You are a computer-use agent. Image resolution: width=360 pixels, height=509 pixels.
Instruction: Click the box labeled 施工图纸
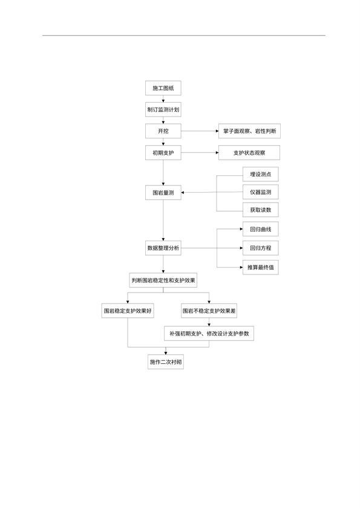(x=163, y=88)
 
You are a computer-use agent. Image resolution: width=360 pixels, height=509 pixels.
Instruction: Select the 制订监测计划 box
(x=163, y=109)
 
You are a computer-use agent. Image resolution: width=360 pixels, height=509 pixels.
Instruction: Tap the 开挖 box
(x=163, y=131)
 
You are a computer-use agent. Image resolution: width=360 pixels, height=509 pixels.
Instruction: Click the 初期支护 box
(x=163, y=152)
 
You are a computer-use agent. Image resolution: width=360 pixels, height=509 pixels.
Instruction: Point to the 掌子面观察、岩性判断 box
(x=249, y=131)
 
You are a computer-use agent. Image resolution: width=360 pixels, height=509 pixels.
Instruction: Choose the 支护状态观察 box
(x=249, y=152)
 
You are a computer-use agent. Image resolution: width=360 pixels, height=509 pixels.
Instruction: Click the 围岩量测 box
(x=163, y=192)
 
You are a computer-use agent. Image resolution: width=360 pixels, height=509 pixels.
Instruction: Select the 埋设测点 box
(x=261, y=174)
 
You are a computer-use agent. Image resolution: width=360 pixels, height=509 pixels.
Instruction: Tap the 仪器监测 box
(x=261, y=192)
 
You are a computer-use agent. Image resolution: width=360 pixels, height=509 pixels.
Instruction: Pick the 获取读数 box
(x=261, y=210)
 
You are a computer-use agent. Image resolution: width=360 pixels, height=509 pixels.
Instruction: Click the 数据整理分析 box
(x=163, y=248)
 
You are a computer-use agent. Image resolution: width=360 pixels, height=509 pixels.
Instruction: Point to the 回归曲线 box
(x=261, y=229)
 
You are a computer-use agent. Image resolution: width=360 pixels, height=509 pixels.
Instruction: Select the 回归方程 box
(x=261, y=248)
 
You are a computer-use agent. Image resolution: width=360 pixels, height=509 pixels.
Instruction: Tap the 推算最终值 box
(x=261, y=267)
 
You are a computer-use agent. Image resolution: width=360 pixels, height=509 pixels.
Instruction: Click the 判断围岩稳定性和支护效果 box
(x=163, y=280)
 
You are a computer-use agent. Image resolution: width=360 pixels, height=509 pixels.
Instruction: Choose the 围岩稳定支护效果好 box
(x=128, y=311)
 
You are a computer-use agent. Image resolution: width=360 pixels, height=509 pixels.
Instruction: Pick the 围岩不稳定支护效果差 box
(x=209, y=311)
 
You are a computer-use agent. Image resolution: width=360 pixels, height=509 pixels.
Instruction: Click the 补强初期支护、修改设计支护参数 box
(x=209, y=333)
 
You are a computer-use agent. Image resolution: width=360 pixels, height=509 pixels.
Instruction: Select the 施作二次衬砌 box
(x=166, y=362)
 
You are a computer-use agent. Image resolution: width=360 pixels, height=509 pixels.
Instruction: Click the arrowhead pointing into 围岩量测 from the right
(x=183, y=192)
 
